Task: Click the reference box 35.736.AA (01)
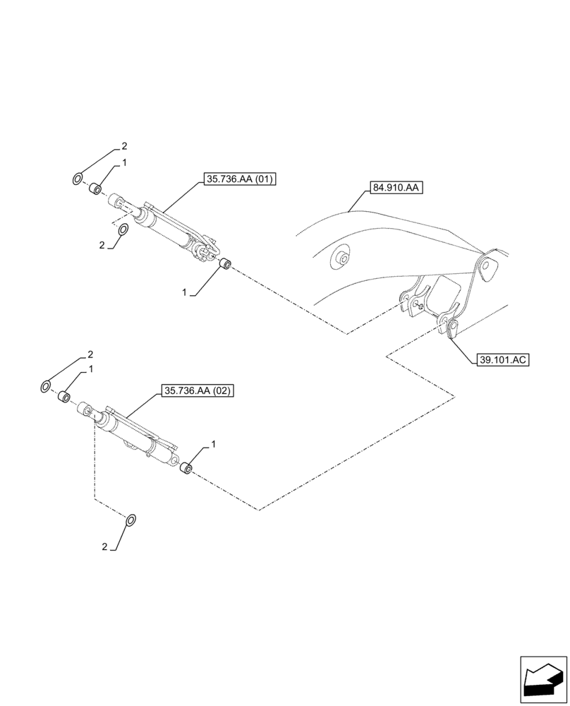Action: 239,180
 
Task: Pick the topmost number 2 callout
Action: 124,147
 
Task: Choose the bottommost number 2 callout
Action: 105,547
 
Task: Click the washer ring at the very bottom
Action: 131,521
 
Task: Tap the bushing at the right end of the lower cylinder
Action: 187,468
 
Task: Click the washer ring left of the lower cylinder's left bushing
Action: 46,386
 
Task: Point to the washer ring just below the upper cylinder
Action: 122,230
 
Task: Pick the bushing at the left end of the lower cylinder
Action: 63,397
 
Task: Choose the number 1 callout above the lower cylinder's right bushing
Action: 213,444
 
